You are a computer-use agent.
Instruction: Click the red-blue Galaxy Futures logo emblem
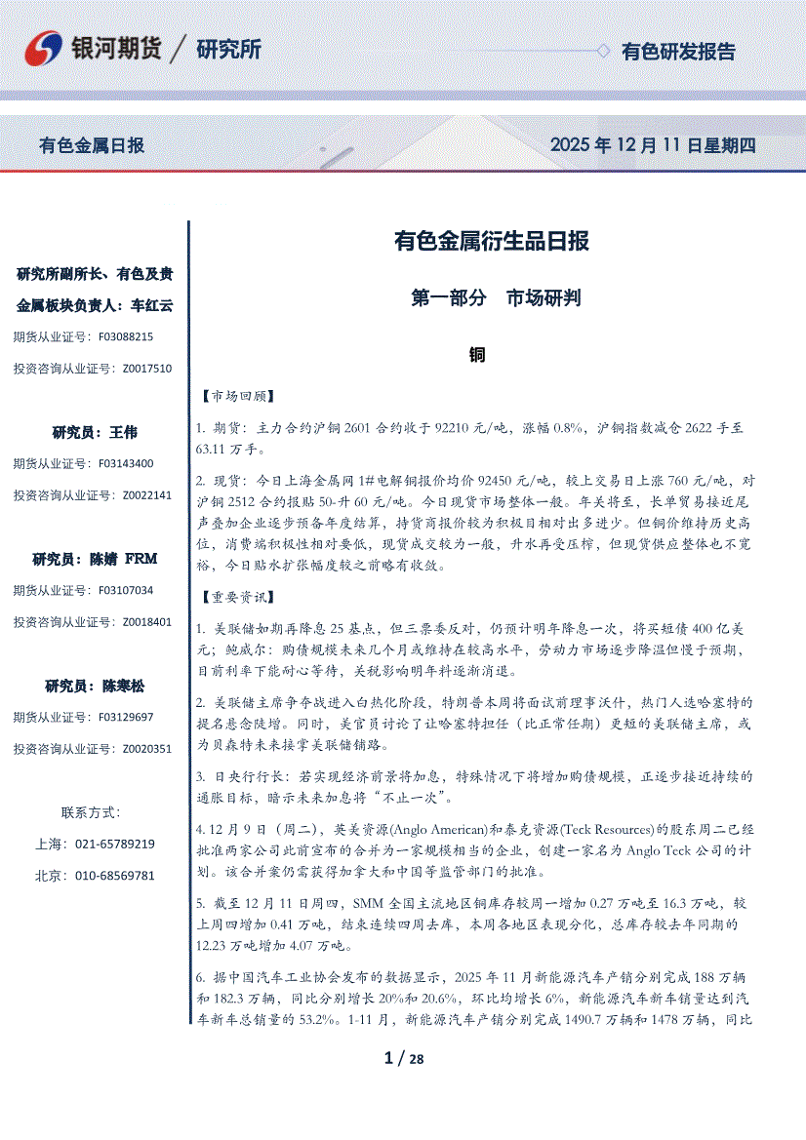(42, 49)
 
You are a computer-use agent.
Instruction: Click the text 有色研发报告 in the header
(679, 52)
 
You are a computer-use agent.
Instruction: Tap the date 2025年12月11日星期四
(653, 145)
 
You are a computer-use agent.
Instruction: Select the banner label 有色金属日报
(92, 145)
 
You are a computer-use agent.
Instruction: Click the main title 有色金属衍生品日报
(491, 241)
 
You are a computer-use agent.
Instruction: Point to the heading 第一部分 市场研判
(497, 298)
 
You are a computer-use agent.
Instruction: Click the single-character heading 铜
(477, 354)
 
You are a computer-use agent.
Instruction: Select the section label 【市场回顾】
(236, 397)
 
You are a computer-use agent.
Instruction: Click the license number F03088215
(126, 336)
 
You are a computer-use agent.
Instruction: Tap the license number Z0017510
(146, 369)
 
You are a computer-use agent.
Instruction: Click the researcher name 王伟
(124, 432)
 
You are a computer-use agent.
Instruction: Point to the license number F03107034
(126, 590)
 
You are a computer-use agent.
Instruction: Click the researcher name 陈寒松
(124, 686)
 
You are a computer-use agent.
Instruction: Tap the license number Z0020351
(146, 749)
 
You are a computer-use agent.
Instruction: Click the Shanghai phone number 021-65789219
(115, 844)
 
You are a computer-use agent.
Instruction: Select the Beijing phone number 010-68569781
(115, 876)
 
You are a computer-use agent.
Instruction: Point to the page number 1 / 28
(404, 1059)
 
